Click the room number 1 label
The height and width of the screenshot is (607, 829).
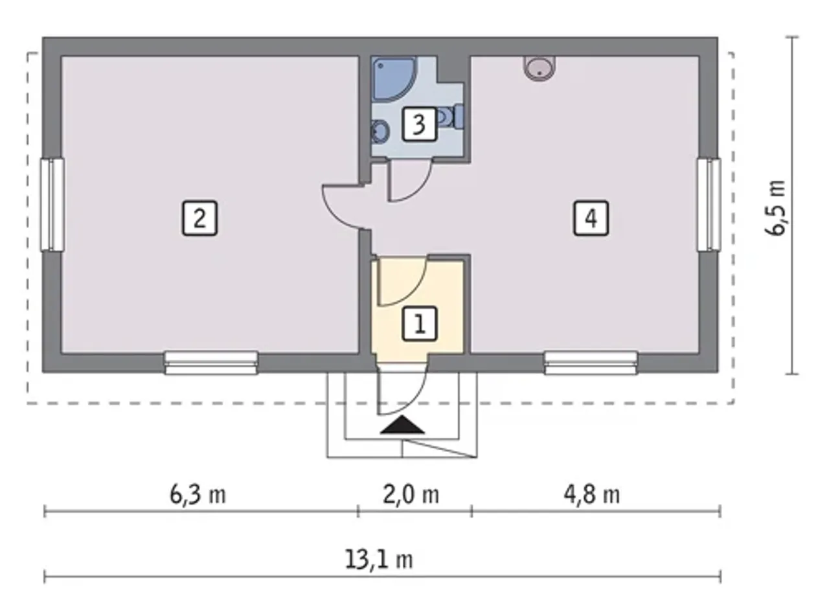pyautogui.click(x=419, y=324)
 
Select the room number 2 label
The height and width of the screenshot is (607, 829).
pyautogui.click(x=200, y=218)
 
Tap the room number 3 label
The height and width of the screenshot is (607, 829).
pyautogui.click(x=419, y=124)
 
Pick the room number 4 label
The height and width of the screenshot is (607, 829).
pyautogui.click(x=591, y=218)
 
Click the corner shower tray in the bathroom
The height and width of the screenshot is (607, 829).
pyautogui.click(x=392, y=79)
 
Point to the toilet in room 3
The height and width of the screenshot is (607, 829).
pyautogui.click(x=450, y=117)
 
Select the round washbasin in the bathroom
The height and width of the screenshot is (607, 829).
pyautogui.click(x=380, y=132)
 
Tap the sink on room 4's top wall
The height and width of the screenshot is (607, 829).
pyautogui.click(x=539, y=68)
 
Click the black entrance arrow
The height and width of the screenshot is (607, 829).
pyautogui.click(x=402, y=424)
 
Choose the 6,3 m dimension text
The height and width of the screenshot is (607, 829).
pyautogui.click(x=198, y=494)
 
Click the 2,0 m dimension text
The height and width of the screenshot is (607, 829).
pyautogui.click(x=411, y=494)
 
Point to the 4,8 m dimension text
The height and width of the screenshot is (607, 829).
pyautogui.click(x=591, y=494)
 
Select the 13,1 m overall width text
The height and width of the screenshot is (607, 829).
pyautogui.click(x=379, y=559)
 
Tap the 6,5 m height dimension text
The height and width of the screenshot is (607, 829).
pyautogui.click(x=775, y=208)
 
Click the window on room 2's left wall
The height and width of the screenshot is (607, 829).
pyautogui.click(x=52, y=205)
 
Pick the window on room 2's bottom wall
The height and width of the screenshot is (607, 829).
pyautogui.click(x=211, y=363)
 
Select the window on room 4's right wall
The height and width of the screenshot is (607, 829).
pyautogui.click(x=709, y=205)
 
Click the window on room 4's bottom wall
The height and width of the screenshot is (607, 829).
pyautogui.click(x=591, y=363)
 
